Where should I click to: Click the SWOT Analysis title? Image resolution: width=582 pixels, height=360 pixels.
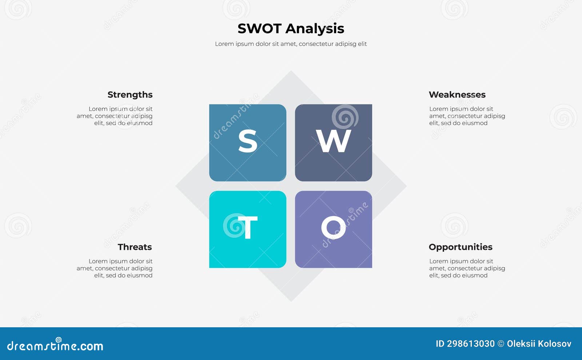[291, 28]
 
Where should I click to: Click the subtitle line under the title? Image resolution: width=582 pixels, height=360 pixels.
[291, 44]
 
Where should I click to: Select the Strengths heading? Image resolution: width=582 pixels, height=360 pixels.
[130, 95]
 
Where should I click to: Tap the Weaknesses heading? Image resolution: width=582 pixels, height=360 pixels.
[457, 95]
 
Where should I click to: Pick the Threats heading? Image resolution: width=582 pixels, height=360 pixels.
[135, 247]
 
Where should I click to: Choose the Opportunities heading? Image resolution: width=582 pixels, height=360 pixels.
[460, 247]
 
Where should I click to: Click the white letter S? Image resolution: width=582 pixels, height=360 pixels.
[248, 141]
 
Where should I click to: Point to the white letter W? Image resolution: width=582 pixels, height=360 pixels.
[334, 141]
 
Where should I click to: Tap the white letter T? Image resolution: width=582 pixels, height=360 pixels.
[248, 228]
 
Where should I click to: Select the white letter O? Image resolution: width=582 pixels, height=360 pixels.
[333, 228]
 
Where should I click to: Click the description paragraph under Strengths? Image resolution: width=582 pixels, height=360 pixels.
[115, 116]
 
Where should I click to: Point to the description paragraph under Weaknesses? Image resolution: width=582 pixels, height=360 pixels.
[467, 116]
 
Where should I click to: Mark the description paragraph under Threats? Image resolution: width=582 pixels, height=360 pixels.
[115, 268]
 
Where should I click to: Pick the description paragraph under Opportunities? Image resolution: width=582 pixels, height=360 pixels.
[467, 268]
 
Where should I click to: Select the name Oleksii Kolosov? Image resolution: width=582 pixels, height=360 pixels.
[539, 344]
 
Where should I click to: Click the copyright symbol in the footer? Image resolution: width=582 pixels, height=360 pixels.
[501, 344]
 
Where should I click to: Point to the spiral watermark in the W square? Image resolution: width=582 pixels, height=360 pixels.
[345, 117]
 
